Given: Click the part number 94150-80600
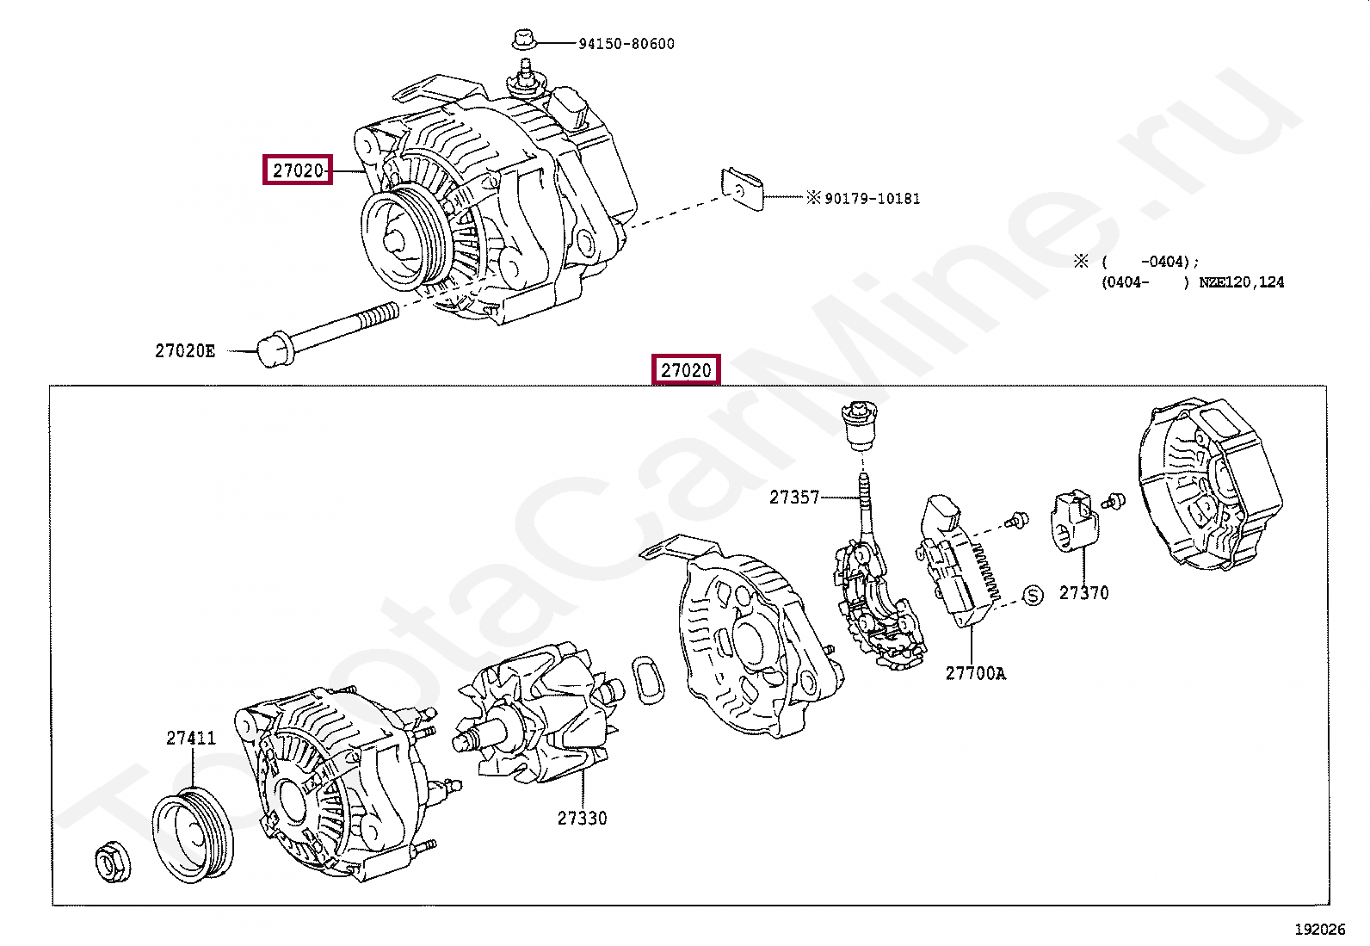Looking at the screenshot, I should click(626, 43).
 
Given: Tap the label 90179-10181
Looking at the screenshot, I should click(872, 199).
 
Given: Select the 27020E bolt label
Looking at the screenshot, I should click(185, 350).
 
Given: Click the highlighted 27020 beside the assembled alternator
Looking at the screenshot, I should click(298, 170).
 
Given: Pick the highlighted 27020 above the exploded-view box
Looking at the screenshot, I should click(686, 370).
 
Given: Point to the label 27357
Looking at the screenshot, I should click(794, 498).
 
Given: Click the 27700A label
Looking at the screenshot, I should click(975, 673).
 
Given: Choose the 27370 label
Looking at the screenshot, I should click(1083, 593).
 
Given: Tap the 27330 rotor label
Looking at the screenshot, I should click(582, 818).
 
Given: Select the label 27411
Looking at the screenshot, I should click(191, 738).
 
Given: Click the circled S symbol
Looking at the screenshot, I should click(1033, 595).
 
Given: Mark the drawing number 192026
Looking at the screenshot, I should click(1319, 929).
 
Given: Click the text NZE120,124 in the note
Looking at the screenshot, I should click(1241, 282).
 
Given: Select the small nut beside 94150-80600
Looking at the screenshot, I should click(523, 39).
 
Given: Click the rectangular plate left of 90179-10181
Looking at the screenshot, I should click(742, 189).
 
